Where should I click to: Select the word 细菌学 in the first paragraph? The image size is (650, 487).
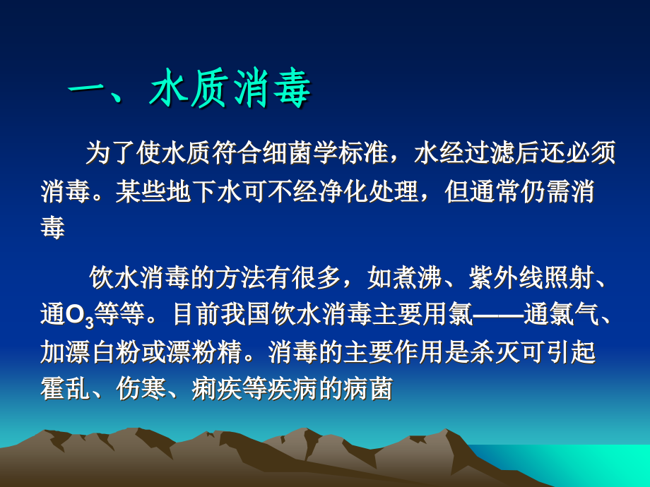click(319, 153)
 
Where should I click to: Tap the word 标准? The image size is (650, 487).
click(382, 153)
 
